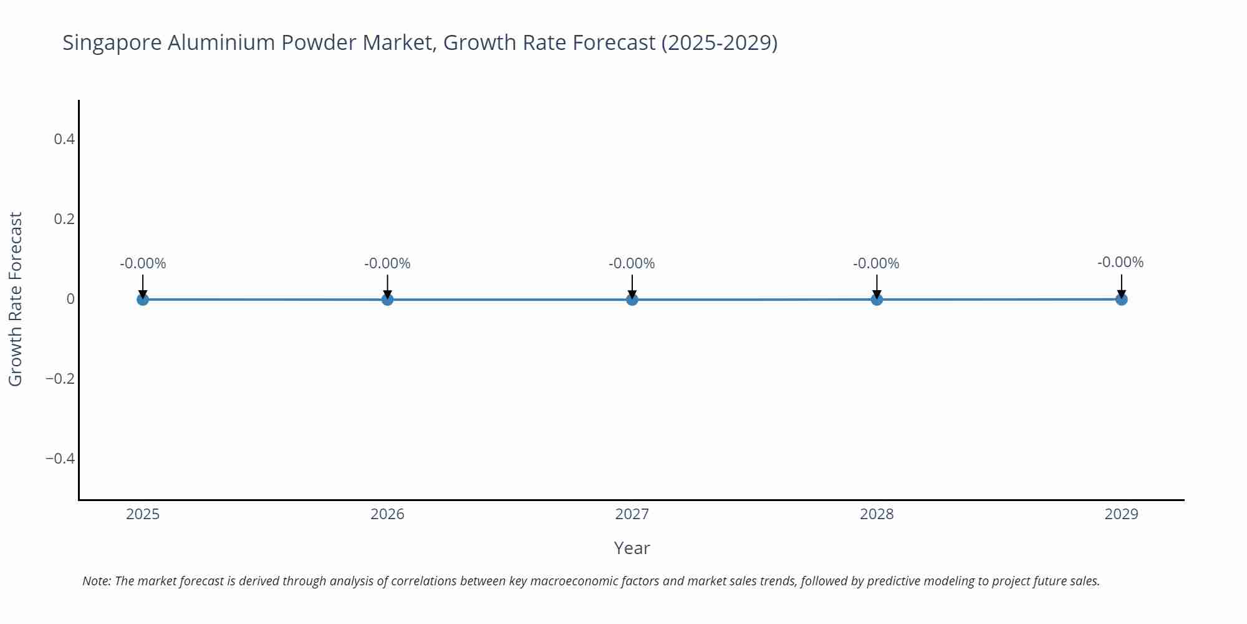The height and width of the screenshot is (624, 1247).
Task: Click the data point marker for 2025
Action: pos(143,300)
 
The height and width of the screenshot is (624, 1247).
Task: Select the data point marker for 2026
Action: pos(387,300)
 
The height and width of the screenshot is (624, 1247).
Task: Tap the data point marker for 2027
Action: pos(632,300)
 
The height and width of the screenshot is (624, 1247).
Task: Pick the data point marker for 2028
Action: pos(877,300)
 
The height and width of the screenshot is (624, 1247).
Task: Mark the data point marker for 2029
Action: pos(1121,300)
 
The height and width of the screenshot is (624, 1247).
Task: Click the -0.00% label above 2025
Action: pos(143,263)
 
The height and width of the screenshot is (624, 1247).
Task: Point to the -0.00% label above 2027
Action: pos(632,263)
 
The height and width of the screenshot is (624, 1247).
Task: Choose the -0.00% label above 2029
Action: pos(1120,262)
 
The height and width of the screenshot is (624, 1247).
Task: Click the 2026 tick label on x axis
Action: pos(387,514)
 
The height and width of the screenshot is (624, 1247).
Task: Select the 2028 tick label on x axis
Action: pos(877,514)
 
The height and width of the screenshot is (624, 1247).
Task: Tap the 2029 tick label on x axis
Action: pos(1121,514)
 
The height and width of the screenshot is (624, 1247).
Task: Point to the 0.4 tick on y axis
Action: pos(64,139)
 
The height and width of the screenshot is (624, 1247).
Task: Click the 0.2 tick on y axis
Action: pos(64,219)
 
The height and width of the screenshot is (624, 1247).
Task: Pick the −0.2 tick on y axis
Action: pos(60,379)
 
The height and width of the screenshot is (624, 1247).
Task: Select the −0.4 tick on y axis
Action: pos(60,459)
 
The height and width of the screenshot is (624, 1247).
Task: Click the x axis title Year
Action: pos(632,548)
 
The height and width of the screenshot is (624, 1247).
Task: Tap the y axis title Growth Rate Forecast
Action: pos(16,299)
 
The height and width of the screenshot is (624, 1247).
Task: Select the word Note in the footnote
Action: pos(95,581)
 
